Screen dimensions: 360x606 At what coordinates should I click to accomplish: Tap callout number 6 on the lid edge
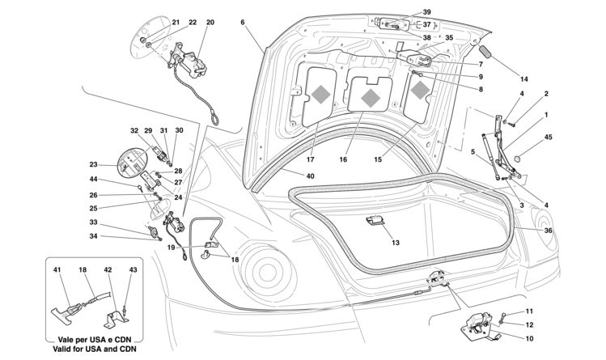point(243,22)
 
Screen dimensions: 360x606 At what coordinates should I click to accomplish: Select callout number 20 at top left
point(210,23)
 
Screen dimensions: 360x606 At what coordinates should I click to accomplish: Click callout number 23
point(94,164)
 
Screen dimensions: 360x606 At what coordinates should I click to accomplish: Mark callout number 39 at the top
point(426,12)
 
